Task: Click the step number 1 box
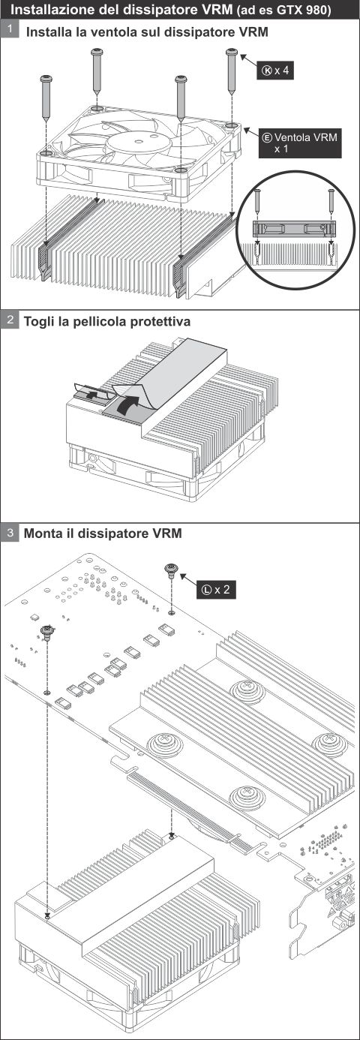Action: (x=10, y=30)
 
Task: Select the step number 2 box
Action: (x=10, y=320)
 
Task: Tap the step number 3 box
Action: (x=10, y=532)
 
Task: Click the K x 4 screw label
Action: (x=275, y=71)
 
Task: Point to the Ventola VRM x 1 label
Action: (x=300, y=143)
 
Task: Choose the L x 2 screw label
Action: (x=216, y=590)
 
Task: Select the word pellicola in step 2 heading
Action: (x=99, y=321)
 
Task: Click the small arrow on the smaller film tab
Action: (x=91, y=395)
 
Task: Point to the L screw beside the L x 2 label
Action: (x=171, y=570)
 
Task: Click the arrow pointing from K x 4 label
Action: (x=247, y=60)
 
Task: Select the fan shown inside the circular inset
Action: (x=294, y=228)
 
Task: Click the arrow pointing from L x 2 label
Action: (x=188, y=579)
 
